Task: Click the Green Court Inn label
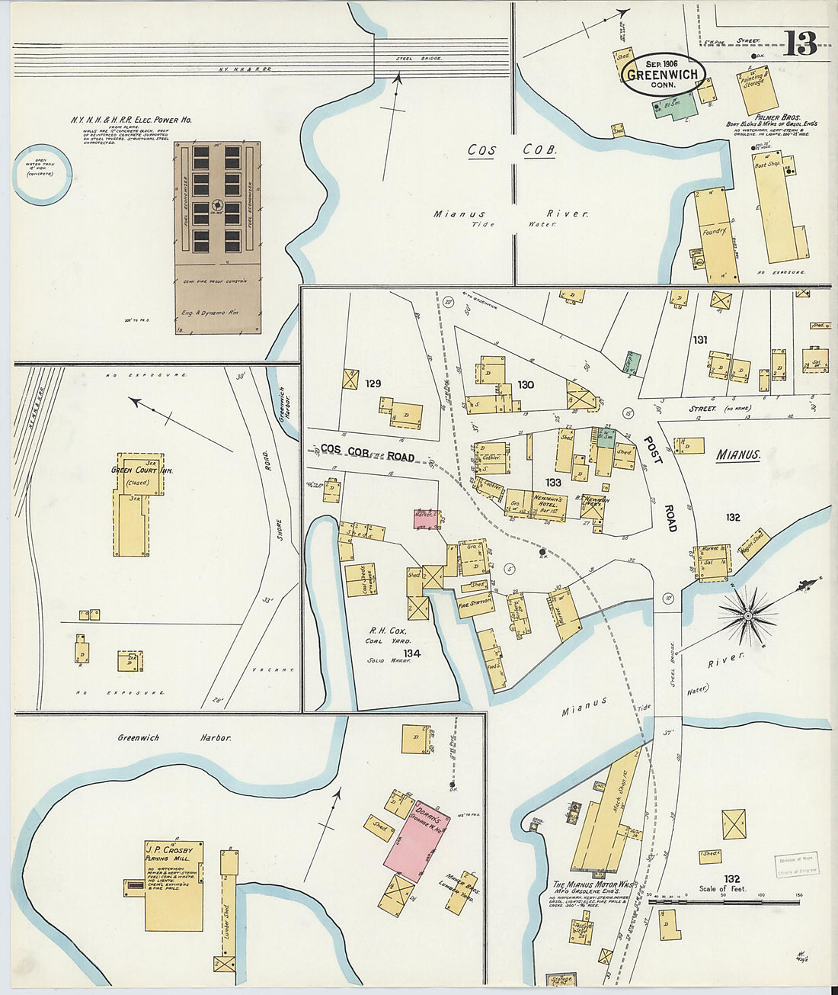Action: (142, 470)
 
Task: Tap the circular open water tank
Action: (42, 175)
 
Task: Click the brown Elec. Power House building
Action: (218, 236)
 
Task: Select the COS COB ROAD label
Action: (367, 453)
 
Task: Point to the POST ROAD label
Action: (660, 483)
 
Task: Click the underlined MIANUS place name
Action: (738, 455)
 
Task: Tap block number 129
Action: (373, 384)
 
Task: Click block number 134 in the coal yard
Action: (412, 653)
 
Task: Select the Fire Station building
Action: (475, 603)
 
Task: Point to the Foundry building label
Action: (715, 230)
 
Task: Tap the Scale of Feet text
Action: (722, 889)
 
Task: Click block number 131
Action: (701, 339)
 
